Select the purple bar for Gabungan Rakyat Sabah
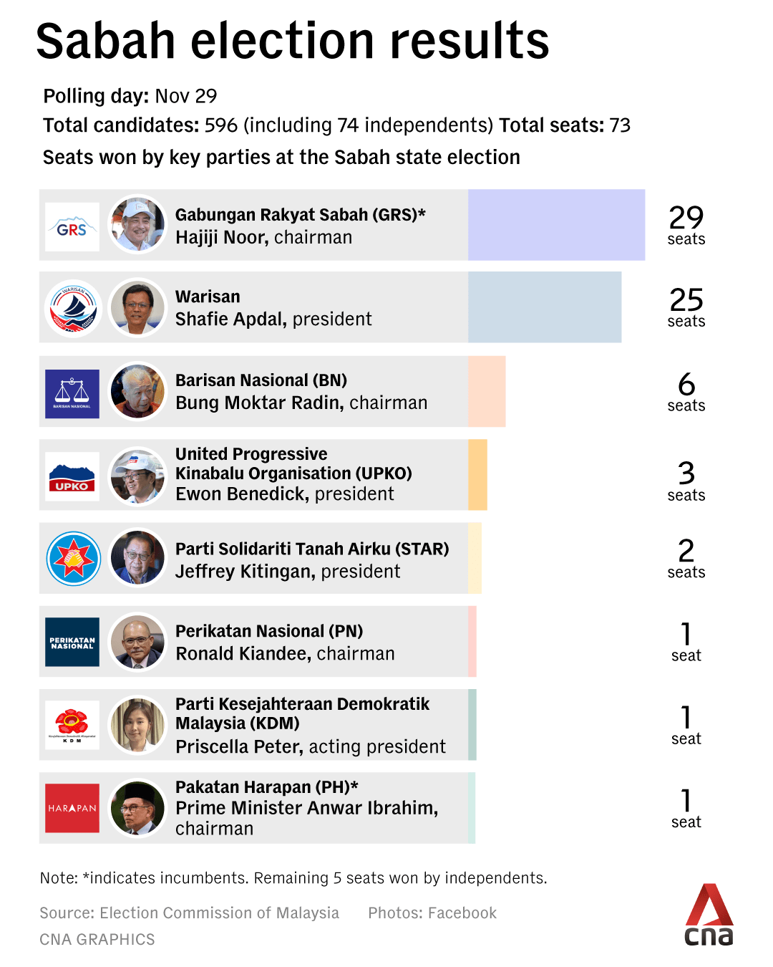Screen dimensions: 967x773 pyautogui.click(x=556, y=225)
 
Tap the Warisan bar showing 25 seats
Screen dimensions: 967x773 pyautogui.click(x=545, y=307)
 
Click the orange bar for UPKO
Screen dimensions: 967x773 pyautogui.click(x=477, y=475)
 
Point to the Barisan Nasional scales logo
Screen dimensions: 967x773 pyautogui.click(x=72, y=393)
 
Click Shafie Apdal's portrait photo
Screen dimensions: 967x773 pyautogui.click(x=137, y=308)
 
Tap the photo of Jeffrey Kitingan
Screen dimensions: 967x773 pyautogui.click(x=137, y=558)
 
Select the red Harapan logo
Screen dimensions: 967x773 pyautogui.click(x=72, y=808)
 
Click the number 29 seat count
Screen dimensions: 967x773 pyautogui.click(x=686, y=217)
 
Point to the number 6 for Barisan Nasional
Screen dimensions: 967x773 pyautogui.click(x=686, y=385)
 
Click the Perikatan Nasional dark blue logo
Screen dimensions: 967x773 pyautogui.click(x=72, y=642)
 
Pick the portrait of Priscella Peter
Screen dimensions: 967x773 pyautogui.click(x=137, y=725)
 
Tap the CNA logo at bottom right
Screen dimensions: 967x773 pyautogui.click(x=709, y=915)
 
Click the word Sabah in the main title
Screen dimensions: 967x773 pyautogui.click(x=105, y=42)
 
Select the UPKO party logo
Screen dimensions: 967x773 pyautogui.click(x=72, y=476)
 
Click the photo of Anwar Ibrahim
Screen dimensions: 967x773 pyautogui.click(x=137, y=808)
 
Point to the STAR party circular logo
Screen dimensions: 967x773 pyautogui.click(x=73, y=559)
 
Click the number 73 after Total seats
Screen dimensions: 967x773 pyautogui.click(x=620, y=125)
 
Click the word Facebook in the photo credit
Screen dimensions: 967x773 pyautogui.click(x=462, y=913)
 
